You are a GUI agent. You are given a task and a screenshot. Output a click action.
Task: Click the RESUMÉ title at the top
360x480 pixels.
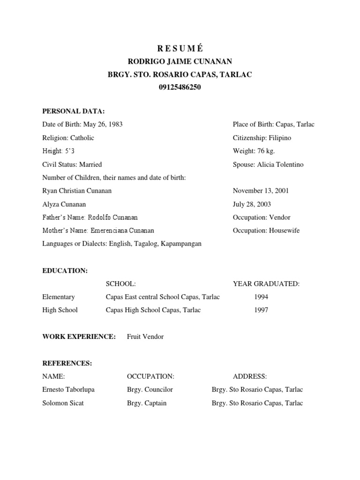tap(180, 48)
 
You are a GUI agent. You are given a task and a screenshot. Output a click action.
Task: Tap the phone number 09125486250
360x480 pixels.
tap(180, 87)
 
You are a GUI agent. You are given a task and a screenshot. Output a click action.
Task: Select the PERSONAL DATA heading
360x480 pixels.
tap(74, 111)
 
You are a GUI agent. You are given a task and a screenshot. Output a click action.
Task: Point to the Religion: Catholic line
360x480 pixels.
tap(68, 138)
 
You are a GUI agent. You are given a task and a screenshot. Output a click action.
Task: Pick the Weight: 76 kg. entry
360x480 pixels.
tap(253, 151)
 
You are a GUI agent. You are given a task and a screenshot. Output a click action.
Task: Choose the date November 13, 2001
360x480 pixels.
tap(261, 191)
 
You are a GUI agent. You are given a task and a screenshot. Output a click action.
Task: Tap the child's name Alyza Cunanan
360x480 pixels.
tap(64, 204)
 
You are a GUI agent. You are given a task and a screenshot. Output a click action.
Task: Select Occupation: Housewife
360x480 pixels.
tap(266, 231)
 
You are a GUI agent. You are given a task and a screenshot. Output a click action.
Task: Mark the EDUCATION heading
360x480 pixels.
tap(65, 270)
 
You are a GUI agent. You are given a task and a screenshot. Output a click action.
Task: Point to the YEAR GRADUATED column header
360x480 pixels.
tap(266, 284)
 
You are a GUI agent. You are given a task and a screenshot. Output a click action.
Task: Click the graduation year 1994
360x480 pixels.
tap(261, 297)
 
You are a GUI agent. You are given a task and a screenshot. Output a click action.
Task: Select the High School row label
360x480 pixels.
tap(60, 310)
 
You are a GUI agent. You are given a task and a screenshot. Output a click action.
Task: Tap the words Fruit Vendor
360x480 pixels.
tap(145, 337)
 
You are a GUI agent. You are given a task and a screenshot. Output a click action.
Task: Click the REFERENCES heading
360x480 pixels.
tap(67, 363)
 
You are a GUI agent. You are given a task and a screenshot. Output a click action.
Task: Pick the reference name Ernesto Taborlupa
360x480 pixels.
tap(68, 390)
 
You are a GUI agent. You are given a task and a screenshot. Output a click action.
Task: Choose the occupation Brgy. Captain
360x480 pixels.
tap(147, 403)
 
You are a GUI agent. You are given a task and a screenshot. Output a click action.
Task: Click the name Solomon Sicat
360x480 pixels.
tap(63, 403)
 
